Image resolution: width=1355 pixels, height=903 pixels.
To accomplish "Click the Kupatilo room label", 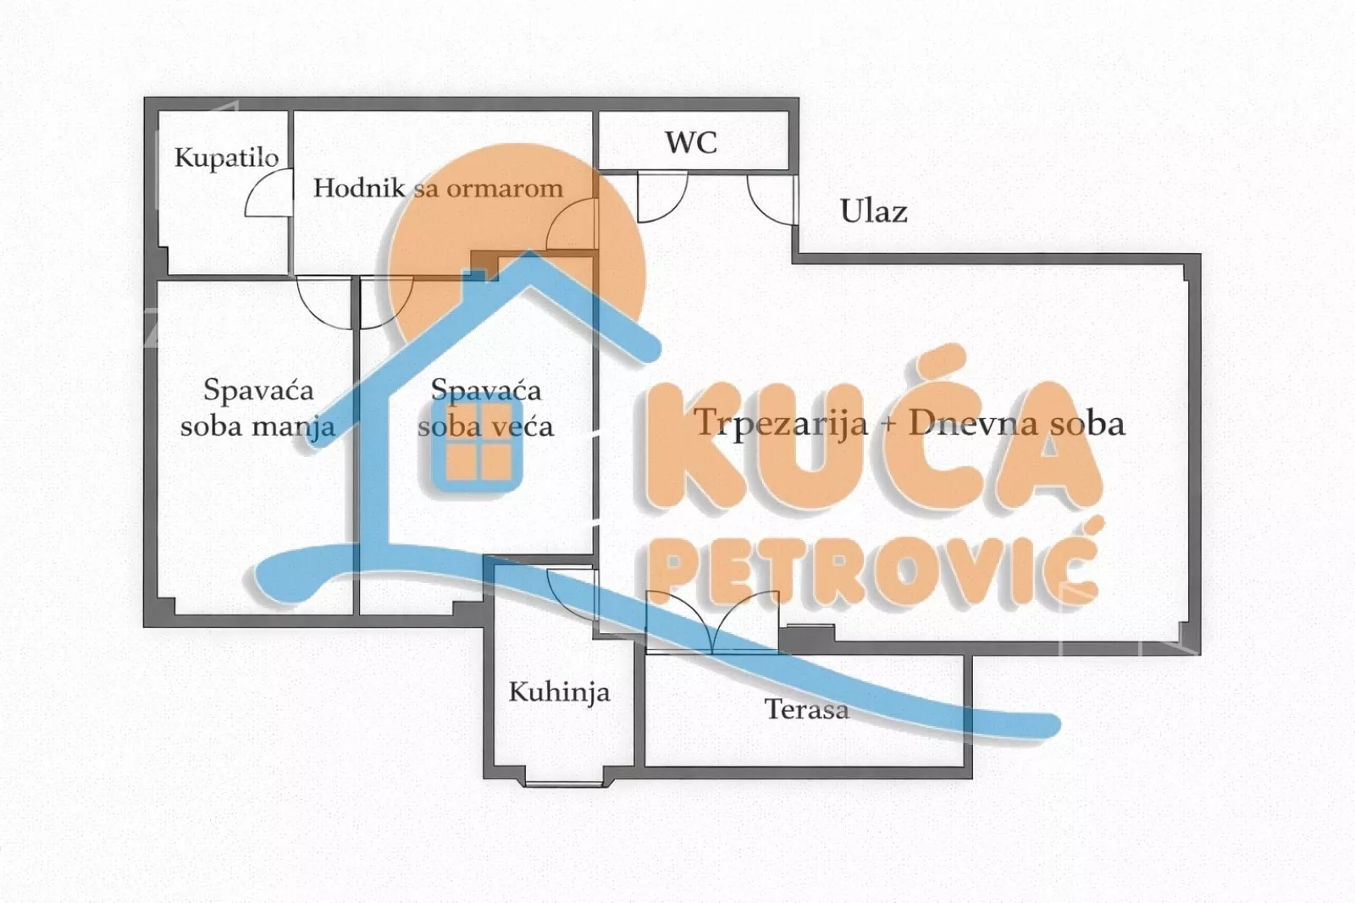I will pyautogui.click(x=226, y=157).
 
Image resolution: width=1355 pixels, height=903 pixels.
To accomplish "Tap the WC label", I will pyautogui.click(x=691, y=142).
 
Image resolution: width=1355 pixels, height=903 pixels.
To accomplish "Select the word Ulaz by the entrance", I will pyautogui.click(x=873, y=211).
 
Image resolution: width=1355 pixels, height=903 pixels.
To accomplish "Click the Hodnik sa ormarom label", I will pyautogui.click(x=438, y=188).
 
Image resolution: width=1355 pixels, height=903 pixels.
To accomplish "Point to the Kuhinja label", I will pyautogui.click(x=559, y=692).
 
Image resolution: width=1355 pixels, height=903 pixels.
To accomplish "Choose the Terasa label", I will pyautogui.click(x=806, y=708).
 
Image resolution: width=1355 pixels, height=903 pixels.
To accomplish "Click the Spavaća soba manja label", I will pyautogui.click(x=257, y=407).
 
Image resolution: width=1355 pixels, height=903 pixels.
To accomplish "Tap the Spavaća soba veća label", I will pyautogui.click(x=485, y=407).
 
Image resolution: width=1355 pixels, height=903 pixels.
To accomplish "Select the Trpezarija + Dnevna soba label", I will pyautogui.click(x=910, y=422).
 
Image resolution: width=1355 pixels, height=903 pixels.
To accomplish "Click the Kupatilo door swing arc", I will pyautogui.click(x=266, y=195).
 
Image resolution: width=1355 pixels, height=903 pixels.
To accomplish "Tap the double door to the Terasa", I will pyautogui.click(x=712, y=622).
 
